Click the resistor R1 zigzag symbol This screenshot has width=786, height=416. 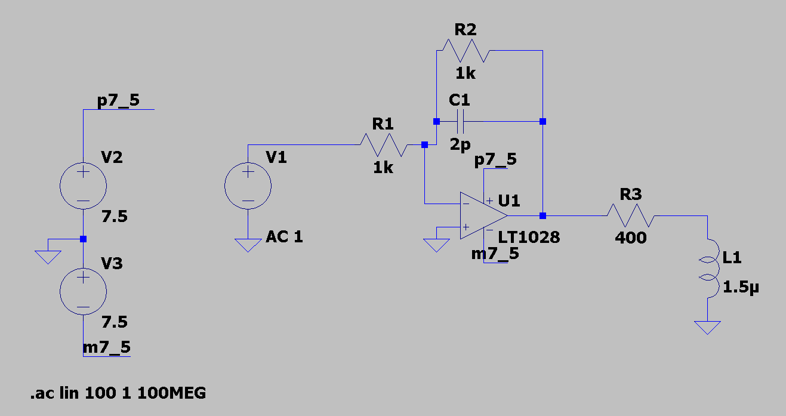384,144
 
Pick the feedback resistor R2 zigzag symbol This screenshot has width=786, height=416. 466,51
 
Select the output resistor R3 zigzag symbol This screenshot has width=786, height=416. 631,215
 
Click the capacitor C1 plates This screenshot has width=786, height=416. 460,122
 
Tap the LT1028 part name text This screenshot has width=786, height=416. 529,238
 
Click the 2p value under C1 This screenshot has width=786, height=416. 460,144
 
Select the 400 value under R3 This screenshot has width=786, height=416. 631,238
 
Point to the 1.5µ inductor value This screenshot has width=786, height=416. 741,288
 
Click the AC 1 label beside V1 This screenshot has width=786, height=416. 284,236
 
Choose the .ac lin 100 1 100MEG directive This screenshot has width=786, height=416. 118,393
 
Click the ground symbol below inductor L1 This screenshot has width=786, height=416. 707,328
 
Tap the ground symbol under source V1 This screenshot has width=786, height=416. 248,245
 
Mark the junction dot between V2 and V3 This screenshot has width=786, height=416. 83,239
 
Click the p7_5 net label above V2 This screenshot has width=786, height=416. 118,101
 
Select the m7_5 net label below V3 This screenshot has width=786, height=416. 107,347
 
